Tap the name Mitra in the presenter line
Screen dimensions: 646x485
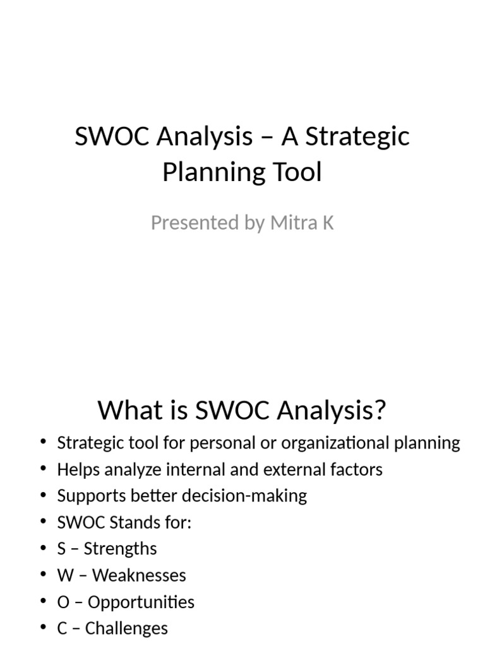click(x=293, y=223)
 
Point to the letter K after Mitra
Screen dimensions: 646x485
click(x=327, y=223)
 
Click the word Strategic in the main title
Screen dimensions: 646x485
click(x=358, y=136)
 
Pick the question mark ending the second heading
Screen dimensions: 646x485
click(x=380, y=411)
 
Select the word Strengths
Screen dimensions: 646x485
click(x=120, y=548)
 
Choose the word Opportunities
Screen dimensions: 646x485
click(x=141, y=602)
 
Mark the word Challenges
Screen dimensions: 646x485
click(x=126, y=628)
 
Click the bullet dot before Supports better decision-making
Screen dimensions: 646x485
click(x=43, y=495)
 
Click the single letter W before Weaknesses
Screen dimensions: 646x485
click(x=63, y=575)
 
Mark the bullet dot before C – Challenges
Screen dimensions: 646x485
click(x=43, y=628)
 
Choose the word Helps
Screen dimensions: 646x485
click(x=77, y=469)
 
